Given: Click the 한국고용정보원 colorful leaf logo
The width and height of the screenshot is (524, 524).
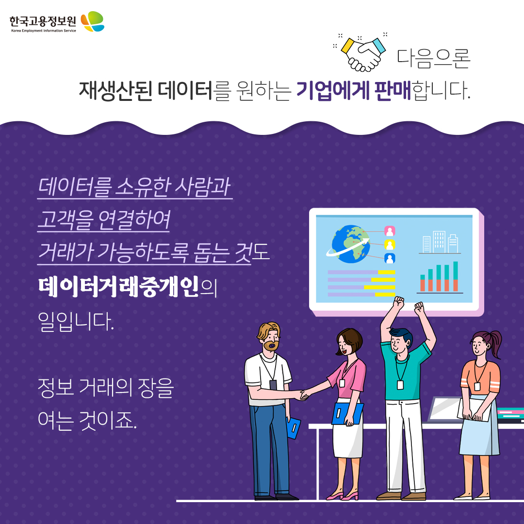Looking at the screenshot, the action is tap(93, 21).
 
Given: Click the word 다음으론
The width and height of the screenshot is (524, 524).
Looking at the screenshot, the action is tap(433, 59).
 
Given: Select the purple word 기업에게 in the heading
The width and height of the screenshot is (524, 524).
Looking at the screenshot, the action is tap(332, 90).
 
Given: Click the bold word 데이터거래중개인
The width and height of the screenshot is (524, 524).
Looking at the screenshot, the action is tap(118, 287).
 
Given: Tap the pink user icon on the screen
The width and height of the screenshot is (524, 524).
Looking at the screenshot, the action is tap(390, 231).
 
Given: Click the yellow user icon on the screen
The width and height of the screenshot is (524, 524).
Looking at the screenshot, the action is tap(390, 245).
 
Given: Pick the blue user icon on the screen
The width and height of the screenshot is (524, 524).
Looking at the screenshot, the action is tap(390, 258).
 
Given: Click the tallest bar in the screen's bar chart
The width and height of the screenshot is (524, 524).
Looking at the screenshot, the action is tap(456, 277).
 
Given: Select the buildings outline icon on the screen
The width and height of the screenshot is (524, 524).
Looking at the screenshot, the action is tap(440, 242).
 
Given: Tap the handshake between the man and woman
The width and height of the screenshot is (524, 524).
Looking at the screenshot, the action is tap(304, 395).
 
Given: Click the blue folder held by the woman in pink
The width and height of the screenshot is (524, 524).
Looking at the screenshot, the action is tap(347, 414).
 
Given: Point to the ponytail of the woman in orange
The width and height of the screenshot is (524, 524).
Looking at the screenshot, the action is tap(494, 343).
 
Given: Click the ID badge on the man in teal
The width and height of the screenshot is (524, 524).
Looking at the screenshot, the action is tap(400, 385).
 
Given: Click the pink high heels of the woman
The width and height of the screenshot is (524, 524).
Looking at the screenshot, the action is tap(342, 495).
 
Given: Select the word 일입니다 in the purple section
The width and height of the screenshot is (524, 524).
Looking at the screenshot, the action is tap(76, 322).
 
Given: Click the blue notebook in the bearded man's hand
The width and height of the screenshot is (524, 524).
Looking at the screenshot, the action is tap(294, 428).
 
